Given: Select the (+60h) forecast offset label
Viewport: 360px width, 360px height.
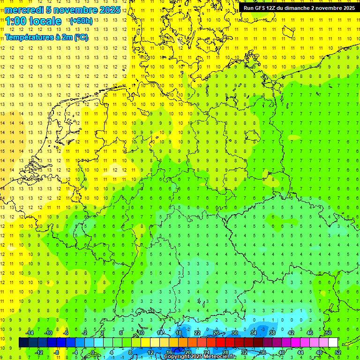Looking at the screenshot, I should pyautogui.click(x=81, y=21).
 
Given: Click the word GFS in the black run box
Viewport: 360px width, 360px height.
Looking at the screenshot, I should pyautogui.click(x=260, y=8).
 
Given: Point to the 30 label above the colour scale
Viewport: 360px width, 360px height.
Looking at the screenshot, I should pyautogui.click(x=235, y=333).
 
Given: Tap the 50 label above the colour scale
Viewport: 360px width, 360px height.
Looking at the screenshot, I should pyautogui.click(x=329, y=333).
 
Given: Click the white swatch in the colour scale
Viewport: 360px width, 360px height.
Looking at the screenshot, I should pyautogui.click(x=333, y=343).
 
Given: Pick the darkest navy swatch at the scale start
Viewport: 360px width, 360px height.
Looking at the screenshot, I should pyautogui.click(x=23, y=343).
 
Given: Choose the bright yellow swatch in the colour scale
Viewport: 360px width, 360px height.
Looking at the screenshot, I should pyautogui.click(x=155, y=343).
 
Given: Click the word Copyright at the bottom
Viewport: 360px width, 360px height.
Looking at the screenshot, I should pyautogui.click(x=178, y=357).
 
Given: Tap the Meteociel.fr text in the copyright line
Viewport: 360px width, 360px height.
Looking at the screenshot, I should pyautogui.click(x=221, y=357).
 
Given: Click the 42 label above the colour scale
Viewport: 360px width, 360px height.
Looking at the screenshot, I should pyautogui.click(x=291, y=333).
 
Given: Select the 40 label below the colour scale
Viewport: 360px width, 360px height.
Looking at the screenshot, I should pyautogui.click(x=282, y=352).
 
